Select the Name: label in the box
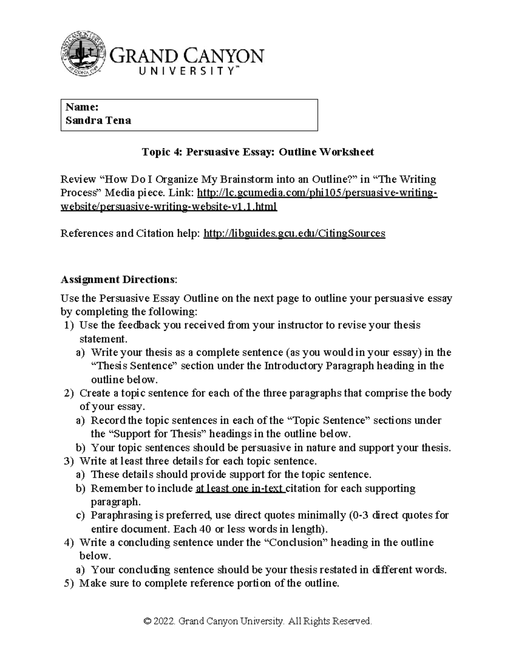[x=82, y=107]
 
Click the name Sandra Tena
[x=98, y=120]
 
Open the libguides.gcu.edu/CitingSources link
[x=294, y=234]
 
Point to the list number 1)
[x=69, y=325]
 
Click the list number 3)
[x=69, y=461]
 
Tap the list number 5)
[x=69, y=584]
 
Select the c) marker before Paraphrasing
[x=80, y=515]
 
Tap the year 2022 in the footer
[x=164, y=622]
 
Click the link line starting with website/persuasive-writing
[x=169, y=207]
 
